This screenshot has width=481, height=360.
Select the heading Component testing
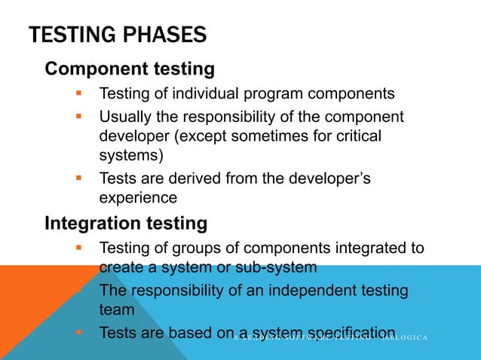[130, 69]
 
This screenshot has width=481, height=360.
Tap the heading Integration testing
[126, 224]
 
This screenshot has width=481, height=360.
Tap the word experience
[138, 197]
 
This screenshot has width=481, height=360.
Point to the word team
[115, 309]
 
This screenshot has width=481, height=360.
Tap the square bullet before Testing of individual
[78, 94]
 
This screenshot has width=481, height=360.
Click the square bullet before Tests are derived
[78, 179]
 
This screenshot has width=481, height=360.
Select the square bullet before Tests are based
[78, 332]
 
